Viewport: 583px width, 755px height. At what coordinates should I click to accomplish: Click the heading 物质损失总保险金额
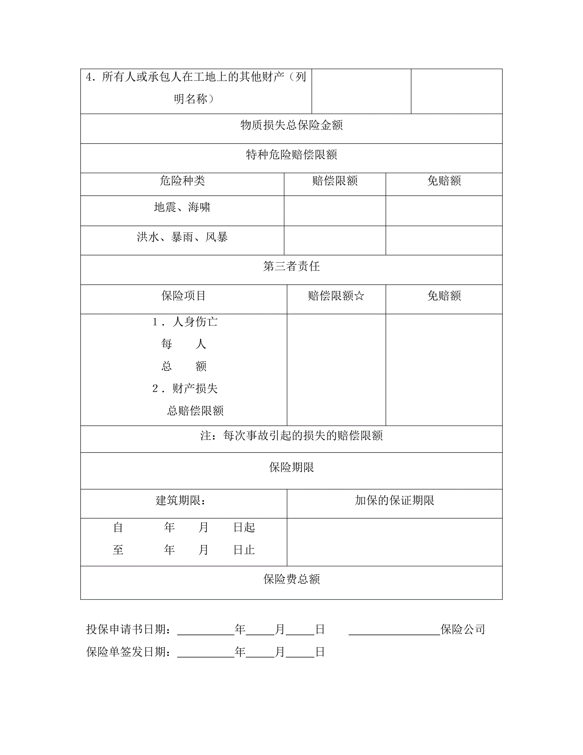(x=291, y=125)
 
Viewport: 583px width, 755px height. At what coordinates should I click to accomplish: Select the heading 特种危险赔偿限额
(x=291, y=154)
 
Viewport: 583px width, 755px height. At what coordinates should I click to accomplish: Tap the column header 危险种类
(x=182, y=181)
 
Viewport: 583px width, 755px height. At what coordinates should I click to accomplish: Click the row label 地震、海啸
(x=182, y=207)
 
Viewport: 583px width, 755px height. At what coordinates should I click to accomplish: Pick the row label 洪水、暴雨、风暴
(x=182, y=237)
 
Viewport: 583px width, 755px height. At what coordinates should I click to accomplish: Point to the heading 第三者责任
(x=291, y=266)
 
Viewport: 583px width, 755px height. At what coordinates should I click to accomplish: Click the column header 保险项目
(x=184, y=296)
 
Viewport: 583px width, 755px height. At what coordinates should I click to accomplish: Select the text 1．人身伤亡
(x=185, y=322)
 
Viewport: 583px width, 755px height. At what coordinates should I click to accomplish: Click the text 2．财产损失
(x=185, y=389)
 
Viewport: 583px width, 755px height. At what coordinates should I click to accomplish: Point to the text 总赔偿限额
(x=195, y=411)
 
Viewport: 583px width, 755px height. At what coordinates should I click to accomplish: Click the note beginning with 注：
(x=291, y=436)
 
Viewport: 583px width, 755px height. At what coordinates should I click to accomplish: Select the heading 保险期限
(x=291, y=467)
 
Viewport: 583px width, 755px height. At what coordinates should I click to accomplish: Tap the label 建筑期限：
(x=181, y=500)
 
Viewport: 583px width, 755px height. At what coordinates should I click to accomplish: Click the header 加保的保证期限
(x=394, y=500)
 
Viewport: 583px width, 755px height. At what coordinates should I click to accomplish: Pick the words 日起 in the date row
(x=244, y=527)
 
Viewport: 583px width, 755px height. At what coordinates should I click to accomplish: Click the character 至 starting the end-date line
(x=118, y=550)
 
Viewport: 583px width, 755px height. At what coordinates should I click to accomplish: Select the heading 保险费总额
(x=291, y=579)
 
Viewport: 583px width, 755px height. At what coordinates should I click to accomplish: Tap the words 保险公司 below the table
(x=462, y=629)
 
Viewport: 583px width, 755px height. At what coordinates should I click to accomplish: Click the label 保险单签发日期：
(x=129, y=652)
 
